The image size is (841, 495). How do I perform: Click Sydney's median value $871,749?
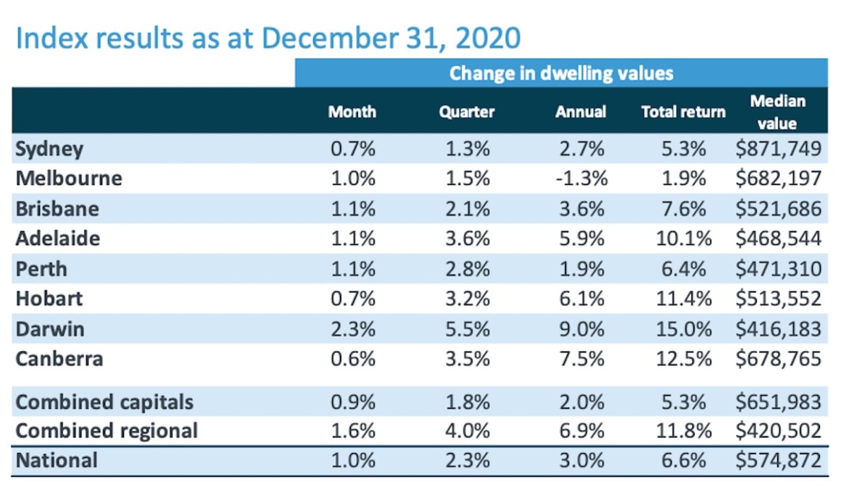tap(778, 149)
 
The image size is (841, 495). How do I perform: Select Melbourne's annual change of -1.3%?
tap(580, 179)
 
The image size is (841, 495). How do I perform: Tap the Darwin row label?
tap(50, 329)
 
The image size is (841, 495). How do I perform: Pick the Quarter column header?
tap(466, 112)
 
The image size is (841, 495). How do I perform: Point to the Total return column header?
tap(683, 112)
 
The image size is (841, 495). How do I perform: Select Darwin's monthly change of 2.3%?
tap(352, 329)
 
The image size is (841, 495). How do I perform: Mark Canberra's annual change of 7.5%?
tap(580, 359)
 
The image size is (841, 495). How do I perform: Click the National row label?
tap(56, 461)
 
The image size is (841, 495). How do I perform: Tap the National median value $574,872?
tap(778, 461)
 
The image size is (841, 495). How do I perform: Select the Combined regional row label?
tap(107, 430)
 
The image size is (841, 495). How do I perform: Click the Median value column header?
tap(777, 112)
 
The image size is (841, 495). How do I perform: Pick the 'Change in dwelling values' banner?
tap(560, 73)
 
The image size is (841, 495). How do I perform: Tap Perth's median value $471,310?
tap(778, 269)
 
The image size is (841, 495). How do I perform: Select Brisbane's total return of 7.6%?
tap(684, 209)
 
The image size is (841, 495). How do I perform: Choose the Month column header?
tap(352, 112)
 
